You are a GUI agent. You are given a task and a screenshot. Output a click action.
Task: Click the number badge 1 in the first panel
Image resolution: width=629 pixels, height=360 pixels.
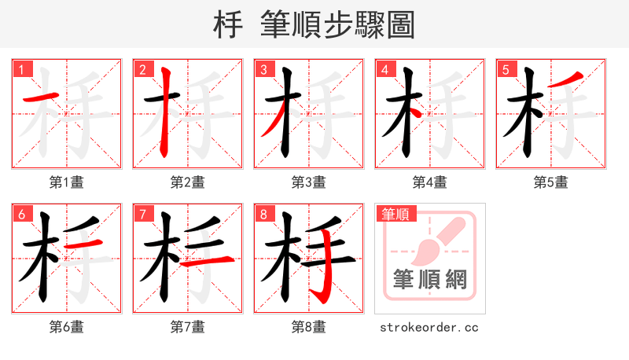21,69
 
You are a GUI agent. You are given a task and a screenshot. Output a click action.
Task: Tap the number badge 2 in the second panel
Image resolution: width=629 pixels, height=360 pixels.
142,69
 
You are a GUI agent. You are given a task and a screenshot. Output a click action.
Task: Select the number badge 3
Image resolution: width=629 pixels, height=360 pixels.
263,69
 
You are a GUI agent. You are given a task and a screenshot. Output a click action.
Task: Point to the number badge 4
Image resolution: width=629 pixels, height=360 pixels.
384,69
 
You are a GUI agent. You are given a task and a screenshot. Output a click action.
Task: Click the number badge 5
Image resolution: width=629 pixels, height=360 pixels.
506,69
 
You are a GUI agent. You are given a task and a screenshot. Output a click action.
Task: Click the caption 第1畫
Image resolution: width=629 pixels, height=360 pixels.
66,182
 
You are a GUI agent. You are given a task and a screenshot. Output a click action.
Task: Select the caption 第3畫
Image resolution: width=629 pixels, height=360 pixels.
308,182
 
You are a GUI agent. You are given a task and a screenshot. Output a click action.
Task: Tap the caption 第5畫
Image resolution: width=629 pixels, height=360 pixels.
550,182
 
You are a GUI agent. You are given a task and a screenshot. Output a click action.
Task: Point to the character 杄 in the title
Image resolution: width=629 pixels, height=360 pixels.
227,24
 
